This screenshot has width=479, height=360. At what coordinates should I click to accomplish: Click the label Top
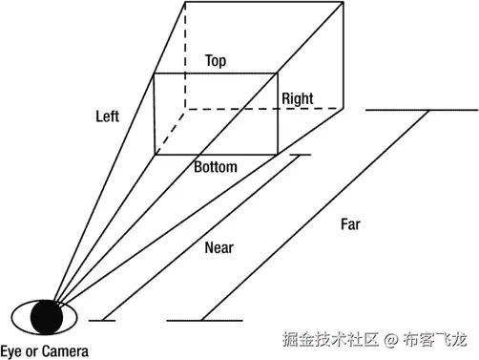click(216, 60)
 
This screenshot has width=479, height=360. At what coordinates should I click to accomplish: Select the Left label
click(108, 116)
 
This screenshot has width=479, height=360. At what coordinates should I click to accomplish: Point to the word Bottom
click(215, 167)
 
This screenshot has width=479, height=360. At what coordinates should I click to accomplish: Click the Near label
click(219, 248)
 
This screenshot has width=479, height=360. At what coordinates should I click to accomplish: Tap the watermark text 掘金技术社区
click(330, 339)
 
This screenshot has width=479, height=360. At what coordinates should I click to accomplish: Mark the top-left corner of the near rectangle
click(154, 73)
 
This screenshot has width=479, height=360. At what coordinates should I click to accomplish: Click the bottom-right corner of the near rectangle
click(278, 154)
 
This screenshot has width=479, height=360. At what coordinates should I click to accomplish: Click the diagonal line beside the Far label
click(315, 215)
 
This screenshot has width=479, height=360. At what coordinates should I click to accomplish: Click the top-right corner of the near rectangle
click(278, 73)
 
